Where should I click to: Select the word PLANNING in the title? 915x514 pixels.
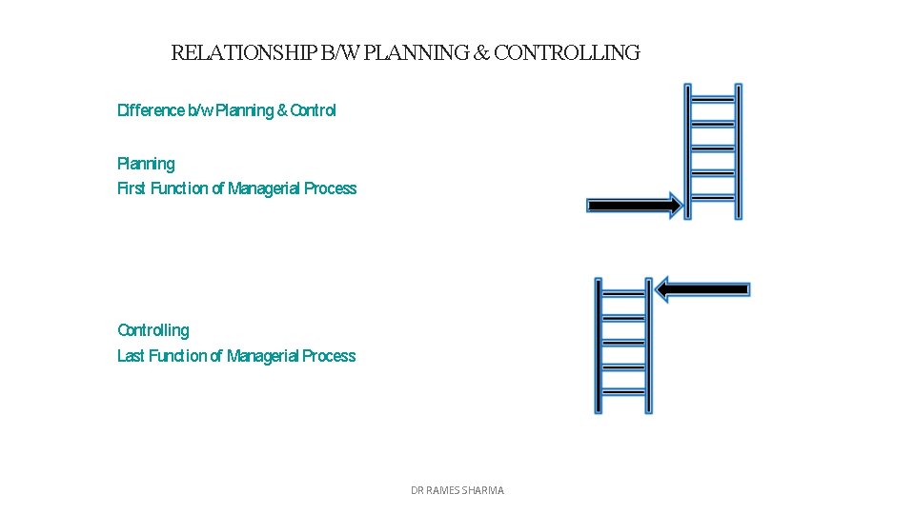[417, 53]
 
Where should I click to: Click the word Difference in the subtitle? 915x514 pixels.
[151, 110]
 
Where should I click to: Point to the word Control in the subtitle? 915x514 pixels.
[313, 110]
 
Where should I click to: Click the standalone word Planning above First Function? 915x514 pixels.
[146, 164]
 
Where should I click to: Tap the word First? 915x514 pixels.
[132, 188]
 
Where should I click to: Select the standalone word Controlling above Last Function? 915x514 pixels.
[152, 330]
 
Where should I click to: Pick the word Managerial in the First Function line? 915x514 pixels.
[264, 188]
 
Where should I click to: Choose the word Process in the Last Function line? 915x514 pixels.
[329, 356]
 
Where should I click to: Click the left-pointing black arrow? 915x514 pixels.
[703, 288]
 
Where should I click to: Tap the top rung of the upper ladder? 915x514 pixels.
[713, 99]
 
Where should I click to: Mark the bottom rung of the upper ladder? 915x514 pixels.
[713, 197]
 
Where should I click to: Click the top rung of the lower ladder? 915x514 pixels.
[623, 293]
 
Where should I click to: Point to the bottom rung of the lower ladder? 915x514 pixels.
[623, 391]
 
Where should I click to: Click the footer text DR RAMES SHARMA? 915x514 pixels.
[457, 490]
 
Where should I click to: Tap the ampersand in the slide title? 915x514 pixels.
[481, 53]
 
